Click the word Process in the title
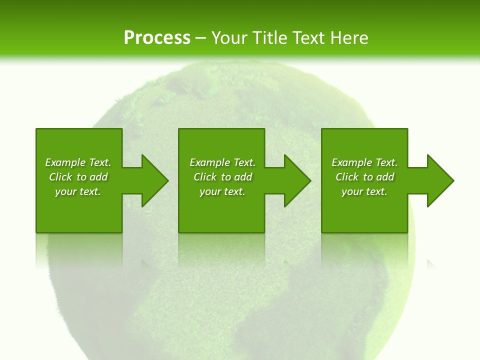157,38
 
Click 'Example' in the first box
65,162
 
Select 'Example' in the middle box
209,162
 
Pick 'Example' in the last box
351,162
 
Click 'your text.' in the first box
77,191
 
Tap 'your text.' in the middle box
222,191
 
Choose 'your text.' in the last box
364,191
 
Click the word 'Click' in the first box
60,177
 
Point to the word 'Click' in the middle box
204,177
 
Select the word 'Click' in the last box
346,177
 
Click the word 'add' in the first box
99,177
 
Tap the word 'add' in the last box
385,177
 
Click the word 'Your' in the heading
228,38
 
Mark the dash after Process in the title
200,38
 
